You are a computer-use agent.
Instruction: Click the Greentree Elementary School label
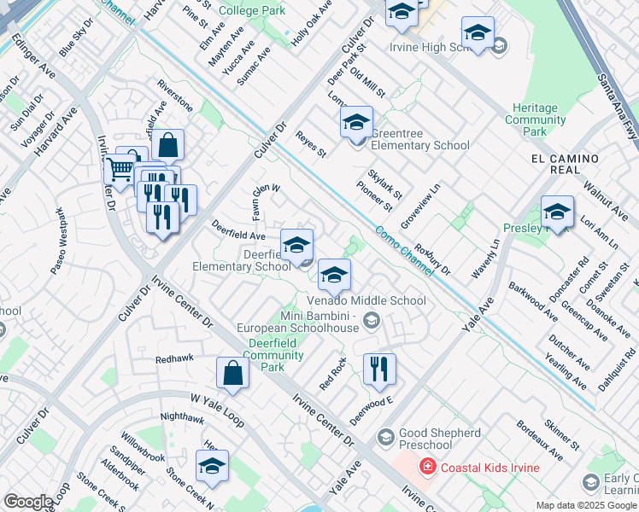420,145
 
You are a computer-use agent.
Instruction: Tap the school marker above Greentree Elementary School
356,122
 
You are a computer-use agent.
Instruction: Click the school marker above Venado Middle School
335,275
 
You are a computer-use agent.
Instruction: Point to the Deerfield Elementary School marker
296,245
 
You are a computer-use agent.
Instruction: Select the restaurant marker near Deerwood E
378,369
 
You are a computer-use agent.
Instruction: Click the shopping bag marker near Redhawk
232,373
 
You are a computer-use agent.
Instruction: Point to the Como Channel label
403,247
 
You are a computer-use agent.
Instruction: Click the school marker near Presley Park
557,212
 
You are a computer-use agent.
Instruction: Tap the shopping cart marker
120,171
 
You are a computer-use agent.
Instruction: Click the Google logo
28,502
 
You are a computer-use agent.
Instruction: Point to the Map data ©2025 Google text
586,505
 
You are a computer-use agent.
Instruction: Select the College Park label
253,11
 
